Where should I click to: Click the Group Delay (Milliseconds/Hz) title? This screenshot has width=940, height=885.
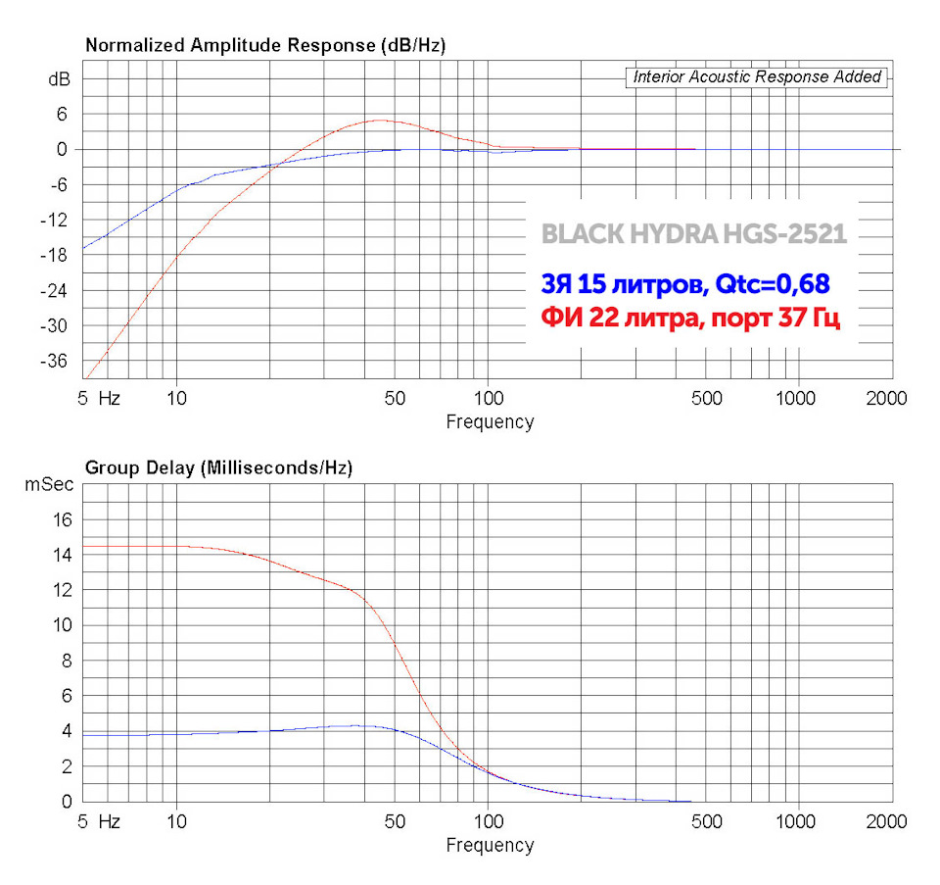(x=219, y=468)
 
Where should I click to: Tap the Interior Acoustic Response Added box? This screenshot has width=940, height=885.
(x=757, y=76)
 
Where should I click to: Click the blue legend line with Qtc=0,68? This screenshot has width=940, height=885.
(x=685, y=284)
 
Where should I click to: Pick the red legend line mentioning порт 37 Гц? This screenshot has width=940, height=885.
(x=690, y=320)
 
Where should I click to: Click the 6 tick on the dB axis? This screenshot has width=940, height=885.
(x=61, y=114)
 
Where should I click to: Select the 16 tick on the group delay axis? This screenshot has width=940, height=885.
(x=62, y=519)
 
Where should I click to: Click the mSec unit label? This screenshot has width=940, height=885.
(x=48, y=484)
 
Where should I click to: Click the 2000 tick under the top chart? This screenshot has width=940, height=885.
(x=886, y=399)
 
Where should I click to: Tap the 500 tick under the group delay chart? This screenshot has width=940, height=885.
(x=707, y=821)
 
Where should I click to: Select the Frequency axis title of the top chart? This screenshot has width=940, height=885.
(x=490, y=422)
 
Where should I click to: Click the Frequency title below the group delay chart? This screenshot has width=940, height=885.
(x=490, y=845)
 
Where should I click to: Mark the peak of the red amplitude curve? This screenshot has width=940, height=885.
(x=379, y=121)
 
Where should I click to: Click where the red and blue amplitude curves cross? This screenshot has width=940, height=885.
(x=274, y=164)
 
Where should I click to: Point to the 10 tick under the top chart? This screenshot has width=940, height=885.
(x=176, y=399)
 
